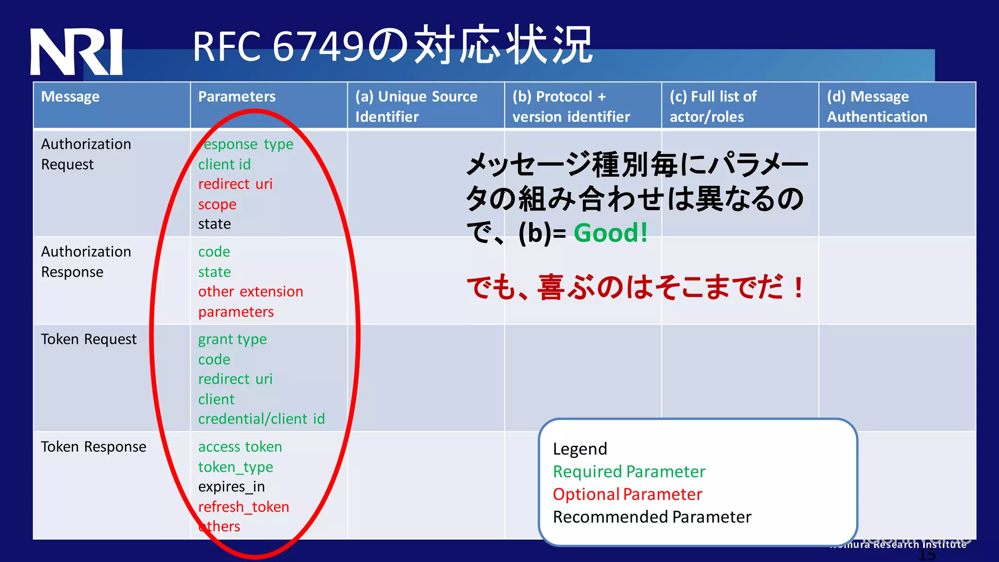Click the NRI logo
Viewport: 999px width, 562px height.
[x=76, y=52]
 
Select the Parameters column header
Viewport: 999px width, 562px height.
[x=237, y=97]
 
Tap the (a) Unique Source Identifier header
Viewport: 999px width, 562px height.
[x=416, y=106]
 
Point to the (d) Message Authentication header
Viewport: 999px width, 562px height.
[x=877, y=106]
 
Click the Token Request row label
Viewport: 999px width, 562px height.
[x=89, y=339]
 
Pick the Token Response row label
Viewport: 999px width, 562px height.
[x=93, y=447]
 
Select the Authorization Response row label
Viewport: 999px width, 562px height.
[x=86, y=261]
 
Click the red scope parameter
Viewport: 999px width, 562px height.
[x=217, y=204]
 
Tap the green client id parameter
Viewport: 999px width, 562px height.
[x=224, y=164]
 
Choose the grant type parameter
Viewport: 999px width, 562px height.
[x=232, y=340]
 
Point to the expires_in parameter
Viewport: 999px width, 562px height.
[x=231, y=487]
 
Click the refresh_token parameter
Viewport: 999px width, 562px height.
[x=243, y=507]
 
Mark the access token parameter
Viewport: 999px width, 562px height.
[x=240, y=447]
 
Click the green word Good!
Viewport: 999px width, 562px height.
[x=610, y=233]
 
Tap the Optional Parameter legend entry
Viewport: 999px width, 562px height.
[x=627, y=494]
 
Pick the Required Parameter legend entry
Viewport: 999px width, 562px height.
[x=629, y=472]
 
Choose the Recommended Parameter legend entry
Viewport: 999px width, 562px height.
[x=652, y=517]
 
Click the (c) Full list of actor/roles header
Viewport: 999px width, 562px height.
[x=713, y=106]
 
